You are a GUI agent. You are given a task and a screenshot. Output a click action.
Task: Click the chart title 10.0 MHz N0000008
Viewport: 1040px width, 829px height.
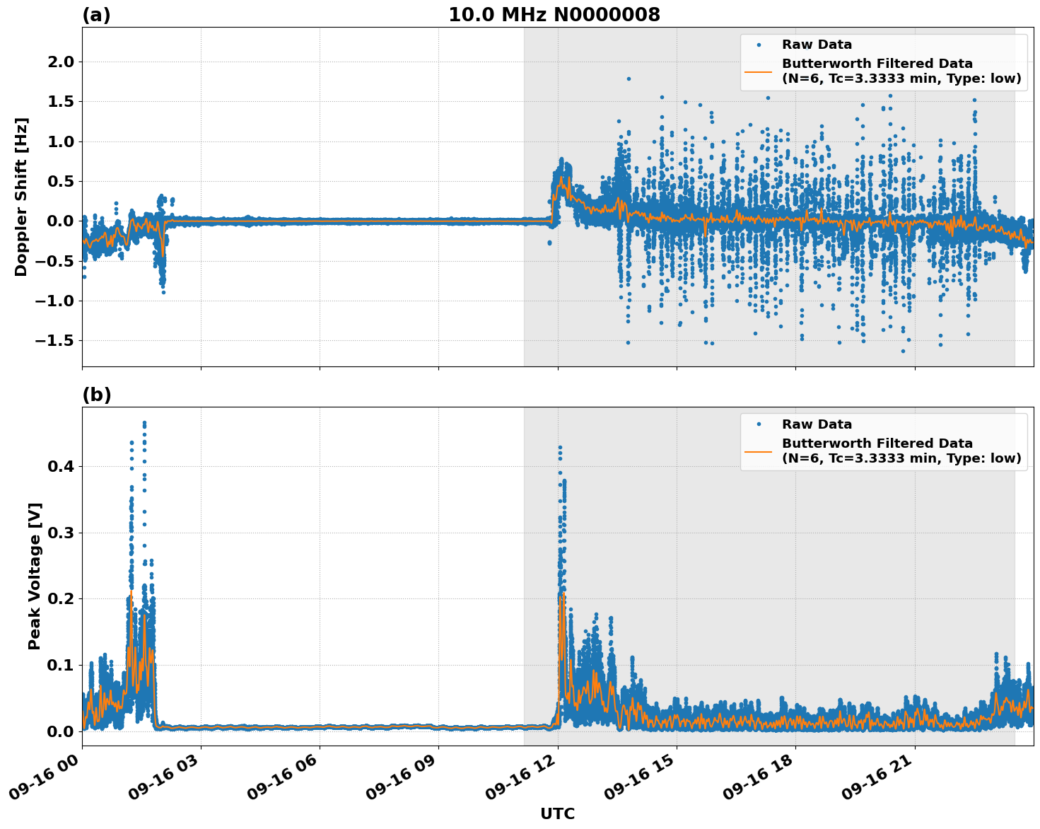coord(554,15)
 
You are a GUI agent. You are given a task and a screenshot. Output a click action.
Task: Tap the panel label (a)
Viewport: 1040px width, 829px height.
coord(96,15)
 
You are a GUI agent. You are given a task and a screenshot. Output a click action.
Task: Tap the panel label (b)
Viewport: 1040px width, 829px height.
coord(96,395)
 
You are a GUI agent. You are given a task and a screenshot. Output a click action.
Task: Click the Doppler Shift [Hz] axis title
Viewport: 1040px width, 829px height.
coord(21,197)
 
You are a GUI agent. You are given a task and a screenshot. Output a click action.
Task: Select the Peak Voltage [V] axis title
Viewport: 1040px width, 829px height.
coord(35,576)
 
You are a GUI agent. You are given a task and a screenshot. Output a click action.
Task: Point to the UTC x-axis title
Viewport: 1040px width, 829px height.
coord(557,813)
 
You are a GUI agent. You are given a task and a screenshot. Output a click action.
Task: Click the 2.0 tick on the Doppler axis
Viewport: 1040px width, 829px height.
coord(59,62)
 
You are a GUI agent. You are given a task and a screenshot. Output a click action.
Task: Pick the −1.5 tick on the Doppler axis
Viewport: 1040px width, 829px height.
coord(55,341)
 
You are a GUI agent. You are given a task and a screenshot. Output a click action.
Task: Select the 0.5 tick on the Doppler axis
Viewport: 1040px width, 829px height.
coord(59,182)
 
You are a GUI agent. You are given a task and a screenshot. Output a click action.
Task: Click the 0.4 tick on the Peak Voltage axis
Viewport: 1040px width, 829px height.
coord(59,467)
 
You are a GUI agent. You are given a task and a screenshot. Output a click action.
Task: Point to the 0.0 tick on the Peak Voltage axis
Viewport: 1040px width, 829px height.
coord(59,731)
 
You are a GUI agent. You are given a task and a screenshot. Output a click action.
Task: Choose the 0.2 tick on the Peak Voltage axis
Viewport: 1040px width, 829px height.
coord(59,599)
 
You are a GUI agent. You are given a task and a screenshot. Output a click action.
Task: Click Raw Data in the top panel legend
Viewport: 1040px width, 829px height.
coord(817,45)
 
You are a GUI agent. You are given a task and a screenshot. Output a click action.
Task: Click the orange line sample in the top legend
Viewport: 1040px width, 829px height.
coord(759,71)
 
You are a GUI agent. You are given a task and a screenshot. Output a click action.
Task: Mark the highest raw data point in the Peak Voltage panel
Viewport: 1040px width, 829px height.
coord(144,423)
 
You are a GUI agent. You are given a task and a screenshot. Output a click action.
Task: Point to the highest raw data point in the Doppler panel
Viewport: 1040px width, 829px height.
coord(629,79)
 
